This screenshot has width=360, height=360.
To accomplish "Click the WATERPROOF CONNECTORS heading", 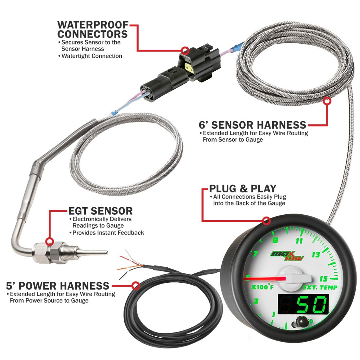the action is (x=93, y=29).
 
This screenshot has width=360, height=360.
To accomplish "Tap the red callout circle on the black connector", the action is (x=185, y=51).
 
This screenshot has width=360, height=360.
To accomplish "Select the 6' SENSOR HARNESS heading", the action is (x=252, y=125).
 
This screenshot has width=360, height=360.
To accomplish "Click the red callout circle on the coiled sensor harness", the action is (x=327, y=101).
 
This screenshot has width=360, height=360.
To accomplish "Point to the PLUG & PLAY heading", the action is (x=242, y=188).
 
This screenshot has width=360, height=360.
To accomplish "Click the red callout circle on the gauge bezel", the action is (x=266, y=221).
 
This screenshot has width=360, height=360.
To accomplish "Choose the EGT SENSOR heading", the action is (x=100, y=211).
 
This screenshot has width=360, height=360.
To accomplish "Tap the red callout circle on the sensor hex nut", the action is (x=49, y=241).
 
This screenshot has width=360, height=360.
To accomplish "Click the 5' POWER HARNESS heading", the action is (x=58, y=286).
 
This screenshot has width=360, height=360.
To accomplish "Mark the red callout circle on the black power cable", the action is (x=136, y=286).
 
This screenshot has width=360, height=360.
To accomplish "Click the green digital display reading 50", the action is (x=303, y=304).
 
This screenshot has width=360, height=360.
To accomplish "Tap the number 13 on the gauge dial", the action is (x=316, y=255).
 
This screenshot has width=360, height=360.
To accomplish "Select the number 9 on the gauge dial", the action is (x=275, y=240).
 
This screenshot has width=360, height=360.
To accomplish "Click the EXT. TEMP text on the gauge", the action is (x=320, y=287).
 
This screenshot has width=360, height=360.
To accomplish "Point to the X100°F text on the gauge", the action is (x=262, y=287).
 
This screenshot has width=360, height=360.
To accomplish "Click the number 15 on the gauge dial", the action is (x=324, y=278).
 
